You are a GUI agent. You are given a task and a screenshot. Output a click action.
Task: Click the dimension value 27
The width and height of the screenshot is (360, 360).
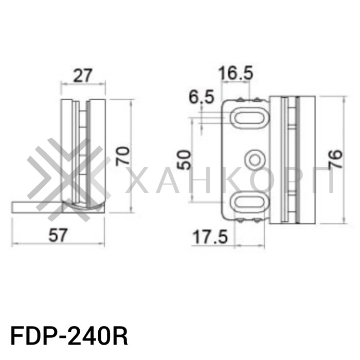click(x=82, y=76)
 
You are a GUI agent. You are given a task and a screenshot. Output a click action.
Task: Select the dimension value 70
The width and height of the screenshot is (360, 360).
click(x=122, y=155)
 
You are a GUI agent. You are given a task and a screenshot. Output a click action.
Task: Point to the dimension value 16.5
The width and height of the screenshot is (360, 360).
click(x=235, y=74)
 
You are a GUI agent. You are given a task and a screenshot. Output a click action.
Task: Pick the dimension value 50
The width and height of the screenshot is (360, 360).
click(x=184, y=160)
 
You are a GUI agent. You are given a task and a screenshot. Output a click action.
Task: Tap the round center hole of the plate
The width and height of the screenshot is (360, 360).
click(x=254, y=160)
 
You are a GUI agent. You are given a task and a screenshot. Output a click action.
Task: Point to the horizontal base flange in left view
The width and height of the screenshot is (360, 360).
click(x=36, y=207)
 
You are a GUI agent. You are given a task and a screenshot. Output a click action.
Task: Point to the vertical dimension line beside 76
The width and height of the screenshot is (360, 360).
click(x=343, y=160)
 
